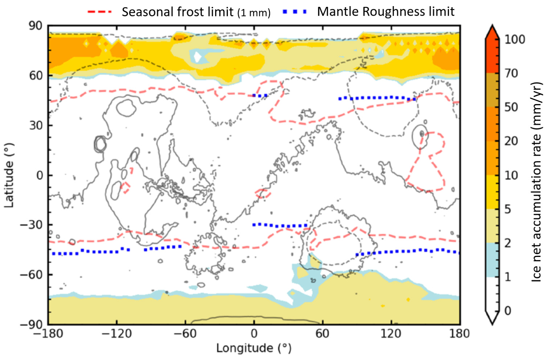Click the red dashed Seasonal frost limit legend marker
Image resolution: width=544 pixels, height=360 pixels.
coord(99,12)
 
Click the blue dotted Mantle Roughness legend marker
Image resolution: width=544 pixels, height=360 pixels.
coord(294,12)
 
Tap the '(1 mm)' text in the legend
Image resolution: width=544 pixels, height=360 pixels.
coord(254,13)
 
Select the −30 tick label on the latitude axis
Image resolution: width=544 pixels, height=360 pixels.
coord(32,225)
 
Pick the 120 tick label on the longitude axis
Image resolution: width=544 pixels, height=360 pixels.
coord(391,334)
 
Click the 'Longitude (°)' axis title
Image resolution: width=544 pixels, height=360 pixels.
coord(254,348)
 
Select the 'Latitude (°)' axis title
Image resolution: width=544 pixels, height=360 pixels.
coord(9,175)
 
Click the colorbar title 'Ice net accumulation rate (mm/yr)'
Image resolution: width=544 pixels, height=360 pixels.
coord(536,181)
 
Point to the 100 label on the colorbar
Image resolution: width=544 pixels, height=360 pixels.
coord(515,39)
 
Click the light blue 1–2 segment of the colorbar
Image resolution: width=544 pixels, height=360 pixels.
coord(492,260)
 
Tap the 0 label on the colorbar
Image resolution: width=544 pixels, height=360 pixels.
coord(507,311)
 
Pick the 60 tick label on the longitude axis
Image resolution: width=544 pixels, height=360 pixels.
coord(322,334)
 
